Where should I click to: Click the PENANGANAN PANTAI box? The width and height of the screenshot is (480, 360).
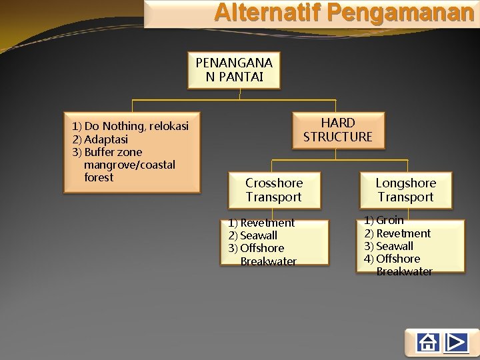click(x=234, y=70)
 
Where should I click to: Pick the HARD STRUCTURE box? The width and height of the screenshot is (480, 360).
click(x=337, y=130)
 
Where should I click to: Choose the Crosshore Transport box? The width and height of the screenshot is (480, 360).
click(x=273, y=190)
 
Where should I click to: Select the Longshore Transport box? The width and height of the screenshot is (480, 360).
click(x=405, y=190)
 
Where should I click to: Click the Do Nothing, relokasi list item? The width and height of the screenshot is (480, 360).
click(x=131, y=127)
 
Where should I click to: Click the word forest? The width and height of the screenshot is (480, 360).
click(x=99, y=177)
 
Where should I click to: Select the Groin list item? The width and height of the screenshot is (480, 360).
click(x=390, y=220)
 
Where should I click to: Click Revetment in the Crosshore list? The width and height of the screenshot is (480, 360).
click(x=267, y=223)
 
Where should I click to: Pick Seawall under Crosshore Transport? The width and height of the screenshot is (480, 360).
click(x=259, y=235)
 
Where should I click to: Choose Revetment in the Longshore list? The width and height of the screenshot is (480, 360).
click(x=403, y=233)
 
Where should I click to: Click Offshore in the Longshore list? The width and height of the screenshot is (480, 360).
click(x=398, y=259)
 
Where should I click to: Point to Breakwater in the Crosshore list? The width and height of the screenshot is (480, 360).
click(x=269, y=261)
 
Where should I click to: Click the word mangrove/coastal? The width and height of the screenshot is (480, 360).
click(x=130, y=165)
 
